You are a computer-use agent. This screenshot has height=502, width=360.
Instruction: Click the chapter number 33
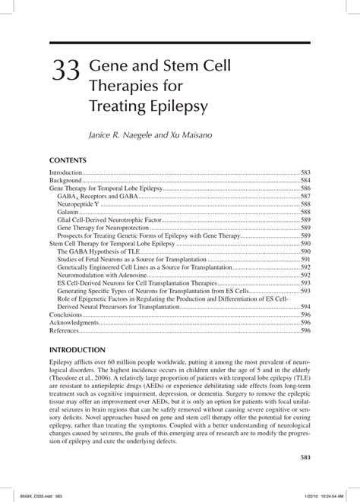(67, 74)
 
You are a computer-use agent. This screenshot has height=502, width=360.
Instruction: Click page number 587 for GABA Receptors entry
(305, 196)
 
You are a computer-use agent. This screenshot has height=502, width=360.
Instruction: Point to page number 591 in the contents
(305, 259)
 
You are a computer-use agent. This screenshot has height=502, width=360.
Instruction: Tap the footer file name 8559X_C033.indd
(30, 496)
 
